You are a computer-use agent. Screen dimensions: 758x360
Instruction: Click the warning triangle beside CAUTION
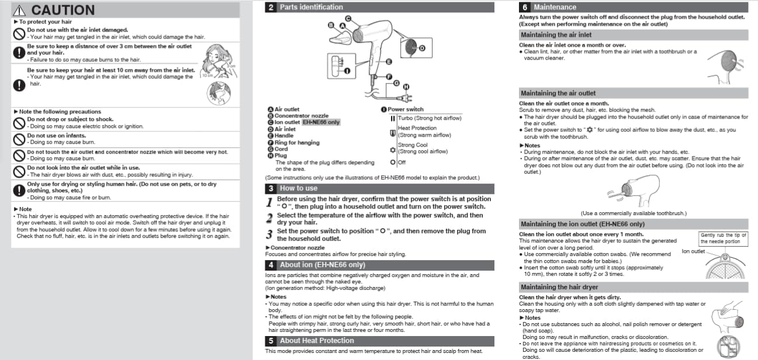click(x=19, y=11)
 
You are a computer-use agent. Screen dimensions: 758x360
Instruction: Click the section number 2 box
click(x=271, y=7)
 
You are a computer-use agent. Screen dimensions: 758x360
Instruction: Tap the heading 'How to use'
click(x=299, y=188)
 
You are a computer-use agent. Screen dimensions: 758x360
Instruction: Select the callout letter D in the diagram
click(x=422, y=48)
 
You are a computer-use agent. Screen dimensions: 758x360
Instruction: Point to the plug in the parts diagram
click(x=406, y=98)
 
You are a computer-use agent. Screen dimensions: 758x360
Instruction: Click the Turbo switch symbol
click(x=393, y=119)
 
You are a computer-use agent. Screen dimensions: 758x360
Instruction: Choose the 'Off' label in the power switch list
click(x=402, y=162)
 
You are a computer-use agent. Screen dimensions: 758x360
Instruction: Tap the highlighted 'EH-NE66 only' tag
click(x=321, y=122)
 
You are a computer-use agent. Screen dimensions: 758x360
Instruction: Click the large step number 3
click(x=269, y=234)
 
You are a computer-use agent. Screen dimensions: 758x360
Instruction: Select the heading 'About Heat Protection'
click(x=317, y=341)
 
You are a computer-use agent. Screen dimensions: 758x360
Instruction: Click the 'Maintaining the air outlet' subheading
click(x=558, y=93)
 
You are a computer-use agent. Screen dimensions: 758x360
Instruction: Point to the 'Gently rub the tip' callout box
click(x=723, y=238)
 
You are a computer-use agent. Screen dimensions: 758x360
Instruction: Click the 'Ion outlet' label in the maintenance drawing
click(x=693, y=251)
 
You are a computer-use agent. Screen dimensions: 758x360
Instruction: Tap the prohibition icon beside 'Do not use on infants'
click(x=19, y=139)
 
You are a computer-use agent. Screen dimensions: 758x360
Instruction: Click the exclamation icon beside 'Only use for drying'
click(x=19, y=191)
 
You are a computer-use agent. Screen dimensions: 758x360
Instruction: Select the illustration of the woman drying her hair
click(x=219, y=61)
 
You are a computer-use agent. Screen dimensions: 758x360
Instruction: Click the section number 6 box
click(x=524, y=7)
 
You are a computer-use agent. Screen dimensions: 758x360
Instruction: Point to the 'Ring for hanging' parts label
click(x=297, y=143)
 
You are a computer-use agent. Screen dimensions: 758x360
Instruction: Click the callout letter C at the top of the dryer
click(x=348, y=18)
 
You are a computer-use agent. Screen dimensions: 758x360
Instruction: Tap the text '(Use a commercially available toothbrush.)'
click(x=634, y=213)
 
